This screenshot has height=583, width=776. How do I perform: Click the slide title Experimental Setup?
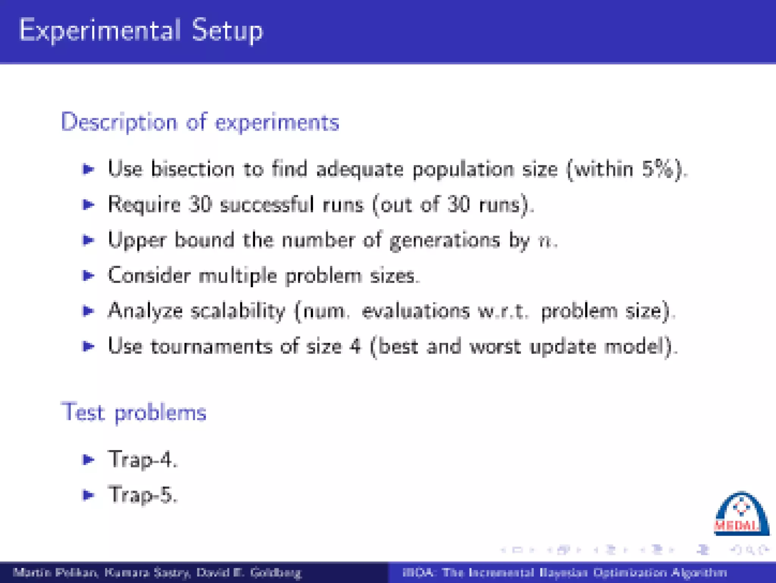click(141, 30)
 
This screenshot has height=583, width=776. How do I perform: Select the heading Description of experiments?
click(200, 122)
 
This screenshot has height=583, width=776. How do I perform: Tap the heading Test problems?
click(134, 412)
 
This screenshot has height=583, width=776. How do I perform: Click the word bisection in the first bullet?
click(193, 169)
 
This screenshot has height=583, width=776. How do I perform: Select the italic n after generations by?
click(545, 241)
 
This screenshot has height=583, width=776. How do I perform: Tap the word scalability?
click(238, 311)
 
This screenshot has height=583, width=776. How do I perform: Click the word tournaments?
click(211, 347)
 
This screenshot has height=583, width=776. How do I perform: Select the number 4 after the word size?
click(355, 347)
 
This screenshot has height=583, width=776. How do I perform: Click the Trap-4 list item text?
click(142, 460)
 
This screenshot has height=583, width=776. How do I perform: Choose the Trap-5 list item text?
click(142, 495)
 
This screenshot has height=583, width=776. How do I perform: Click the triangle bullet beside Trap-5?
click(88, 495)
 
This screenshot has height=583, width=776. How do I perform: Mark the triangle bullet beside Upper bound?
click(88, 240)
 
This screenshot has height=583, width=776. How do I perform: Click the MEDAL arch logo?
click(741, 514)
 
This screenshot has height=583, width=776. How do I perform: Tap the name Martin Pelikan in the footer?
click(55, 572)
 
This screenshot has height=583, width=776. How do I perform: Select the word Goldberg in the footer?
click(275, 572)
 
